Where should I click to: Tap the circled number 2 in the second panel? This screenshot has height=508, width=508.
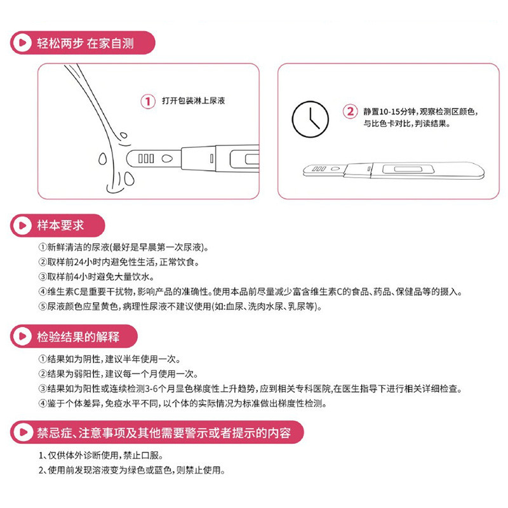pyautogui.click(x=350, y=111)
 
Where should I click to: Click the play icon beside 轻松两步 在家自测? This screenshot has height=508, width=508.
pyautogui.click(x=22, y=44)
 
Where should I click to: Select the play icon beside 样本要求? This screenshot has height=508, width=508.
pyautogui.click(x=22, y=225)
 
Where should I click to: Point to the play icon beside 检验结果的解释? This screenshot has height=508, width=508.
pyautogui.click(x=22, y=336)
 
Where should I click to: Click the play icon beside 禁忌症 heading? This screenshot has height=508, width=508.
pyautogui.click(x=22, y=433)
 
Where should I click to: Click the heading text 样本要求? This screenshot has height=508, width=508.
pyautogui.click(x=60, y=225)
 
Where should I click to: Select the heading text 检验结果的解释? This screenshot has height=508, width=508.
pyautogui.click(x=78, y=336)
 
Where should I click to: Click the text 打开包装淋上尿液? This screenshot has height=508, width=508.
pyautogui.click(x=194, y=101)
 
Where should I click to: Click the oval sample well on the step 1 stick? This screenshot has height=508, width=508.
pyautogui.click(x=166, y=158)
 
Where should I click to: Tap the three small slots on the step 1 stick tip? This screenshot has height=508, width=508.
pyautogui.click(x=145, y=158)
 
